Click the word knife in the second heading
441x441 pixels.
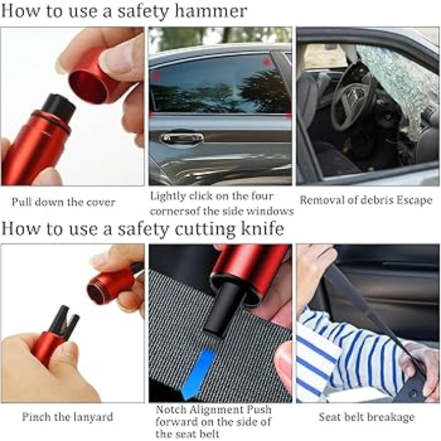[259, 228]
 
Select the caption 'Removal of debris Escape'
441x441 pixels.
[366, 200]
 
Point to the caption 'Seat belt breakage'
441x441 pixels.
[367, 417]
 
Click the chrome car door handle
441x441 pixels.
[182, 138]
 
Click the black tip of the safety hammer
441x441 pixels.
[58, 106]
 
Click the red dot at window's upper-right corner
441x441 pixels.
[267, 62]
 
